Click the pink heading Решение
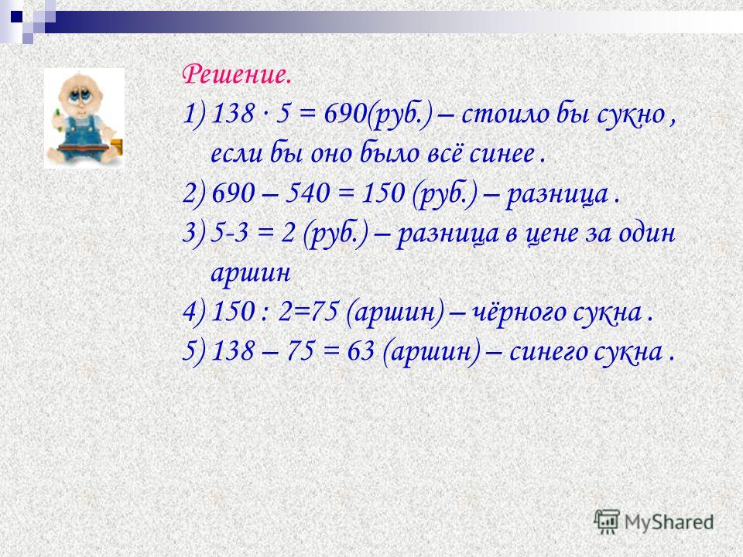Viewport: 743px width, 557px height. pyautogui.click(x=237, y=76)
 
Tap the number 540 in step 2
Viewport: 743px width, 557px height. pyautogui.click(x=307, y=193)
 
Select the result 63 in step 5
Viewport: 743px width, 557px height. pyautogui.click(x=361, y=351)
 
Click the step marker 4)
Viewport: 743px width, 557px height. pyautogui.click(x=194, y=313)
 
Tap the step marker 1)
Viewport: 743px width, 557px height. pyautogui.click(x=194, y=115)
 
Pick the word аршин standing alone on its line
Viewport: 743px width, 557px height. pyautogui.click(x=250, y=274)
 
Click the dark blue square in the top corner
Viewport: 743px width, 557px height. pyautogui.click(x=16, y=17)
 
